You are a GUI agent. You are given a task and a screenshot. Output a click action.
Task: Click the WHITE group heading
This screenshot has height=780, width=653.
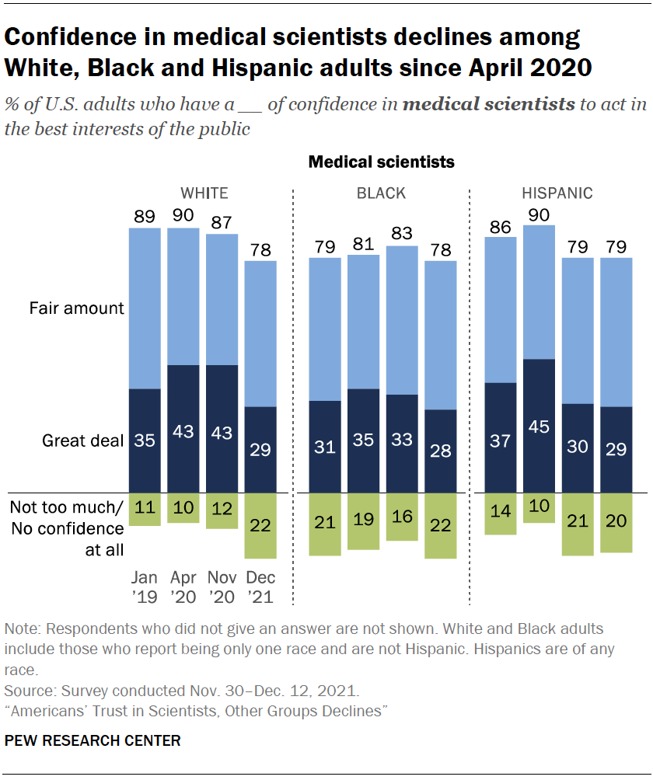click(x=204, y=193)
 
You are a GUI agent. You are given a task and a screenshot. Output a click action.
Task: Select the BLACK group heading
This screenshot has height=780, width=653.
click(x=380, y=193)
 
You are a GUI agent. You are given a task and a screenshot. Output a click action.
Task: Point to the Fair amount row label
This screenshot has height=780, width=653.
click(x=76, y=308)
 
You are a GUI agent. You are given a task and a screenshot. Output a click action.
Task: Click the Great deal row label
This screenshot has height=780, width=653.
click(x=82, y=440)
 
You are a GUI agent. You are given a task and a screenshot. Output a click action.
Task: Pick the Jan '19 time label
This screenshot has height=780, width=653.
click(x=145, y=587)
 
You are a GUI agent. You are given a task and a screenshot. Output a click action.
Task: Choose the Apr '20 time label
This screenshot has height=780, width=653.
click(x=183, y=587)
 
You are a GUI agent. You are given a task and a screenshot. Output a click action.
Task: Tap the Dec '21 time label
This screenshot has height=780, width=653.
click(x=260, y=587)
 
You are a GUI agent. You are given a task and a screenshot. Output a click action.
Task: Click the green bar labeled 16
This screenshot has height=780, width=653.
click(x=402, y=517)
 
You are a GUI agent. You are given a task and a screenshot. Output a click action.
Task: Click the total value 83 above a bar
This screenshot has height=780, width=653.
click(x=402, y=233)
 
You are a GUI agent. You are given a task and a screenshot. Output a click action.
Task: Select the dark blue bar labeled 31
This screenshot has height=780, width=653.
click(x=326, y=447)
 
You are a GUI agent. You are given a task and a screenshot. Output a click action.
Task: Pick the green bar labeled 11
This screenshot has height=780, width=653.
click(x=145, y=510)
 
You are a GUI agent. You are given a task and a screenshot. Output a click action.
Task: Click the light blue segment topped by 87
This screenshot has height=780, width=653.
click(x=222, y=299)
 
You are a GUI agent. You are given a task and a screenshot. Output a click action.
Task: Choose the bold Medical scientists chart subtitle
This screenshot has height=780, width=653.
click(x=381, y=162)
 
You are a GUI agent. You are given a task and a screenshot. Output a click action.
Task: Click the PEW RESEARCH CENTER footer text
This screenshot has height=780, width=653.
click(x=93, y=740)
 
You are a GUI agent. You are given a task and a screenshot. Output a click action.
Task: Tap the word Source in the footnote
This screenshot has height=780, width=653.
click(x=26, y=689)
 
